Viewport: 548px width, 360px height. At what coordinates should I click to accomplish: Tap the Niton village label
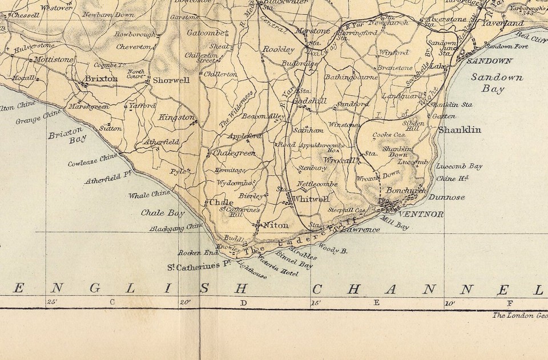pyautogui.click(x=276, y=225)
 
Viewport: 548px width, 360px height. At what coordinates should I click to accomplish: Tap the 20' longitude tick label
pyautogui.click(x=184, y=302)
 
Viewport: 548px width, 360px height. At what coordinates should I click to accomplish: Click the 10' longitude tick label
pyautogui.click(x=450, y=302)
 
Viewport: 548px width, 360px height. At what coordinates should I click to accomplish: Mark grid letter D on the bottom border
pyautogui.click(x=243, y=302)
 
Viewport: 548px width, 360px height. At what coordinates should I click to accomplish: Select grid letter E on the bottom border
pyautogui.click(x=376, y=302)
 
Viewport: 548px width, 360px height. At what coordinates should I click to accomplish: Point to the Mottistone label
pyautogui.click(x=51, y=59)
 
